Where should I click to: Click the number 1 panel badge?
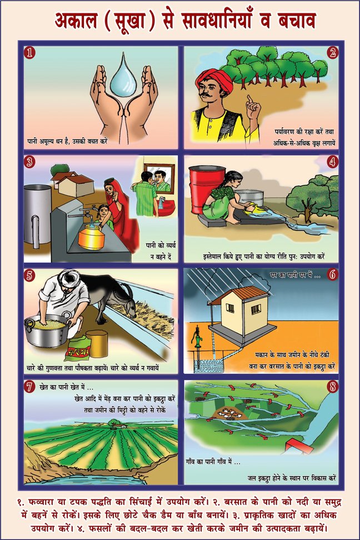(31, 52)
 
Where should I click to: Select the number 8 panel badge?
(332, 387)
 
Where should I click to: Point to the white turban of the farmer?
(69, 280)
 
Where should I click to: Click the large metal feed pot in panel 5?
(48, 330)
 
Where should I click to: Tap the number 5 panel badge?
(31, 276)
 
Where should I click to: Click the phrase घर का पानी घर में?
(296, 275)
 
